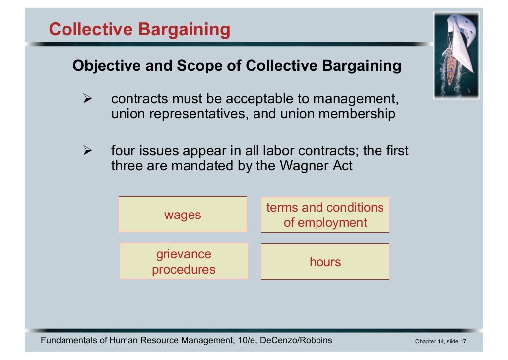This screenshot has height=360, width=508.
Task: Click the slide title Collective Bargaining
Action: pos(139,29)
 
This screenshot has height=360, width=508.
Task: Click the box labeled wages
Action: pos(183,215)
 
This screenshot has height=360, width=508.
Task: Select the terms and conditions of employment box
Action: pos(325,215)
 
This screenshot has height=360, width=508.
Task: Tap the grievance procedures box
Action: pos(184,261)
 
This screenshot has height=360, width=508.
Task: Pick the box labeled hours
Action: pos(325,261)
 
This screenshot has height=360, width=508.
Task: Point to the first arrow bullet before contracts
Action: pos(88,99)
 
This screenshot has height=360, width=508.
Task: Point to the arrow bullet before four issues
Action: pos(88,151)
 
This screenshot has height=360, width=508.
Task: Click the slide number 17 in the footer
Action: pos(463,341)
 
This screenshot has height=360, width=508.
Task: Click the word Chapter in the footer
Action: pos(427,341)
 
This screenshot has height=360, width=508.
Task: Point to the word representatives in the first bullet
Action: pos(196,114)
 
